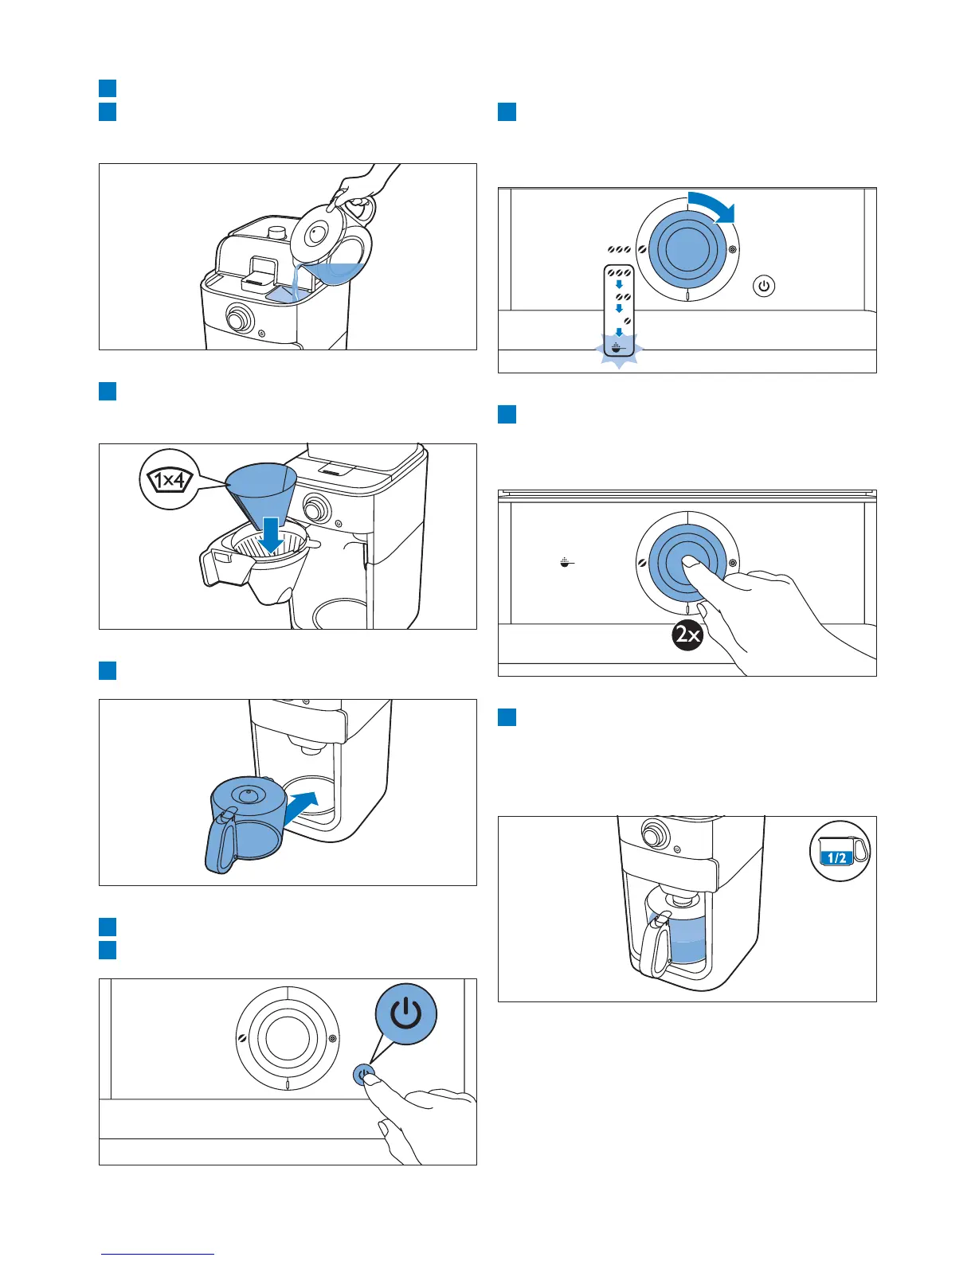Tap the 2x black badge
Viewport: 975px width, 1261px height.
click(x=687, y=634)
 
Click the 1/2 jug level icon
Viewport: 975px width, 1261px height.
click(x=839, y=851)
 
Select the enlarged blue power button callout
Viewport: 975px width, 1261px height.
click(x=406, y=1013)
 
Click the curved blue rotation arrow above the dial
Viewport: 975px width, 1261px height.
click(x=714, y=206)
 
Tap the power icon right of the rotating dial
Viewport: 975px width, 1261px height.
click(x=764, y=286)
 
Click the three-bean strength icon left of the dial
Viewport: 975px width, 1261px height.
click(x=619, y=250)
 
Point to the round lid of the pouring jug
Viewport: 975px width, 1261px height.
click(x=317, y=233)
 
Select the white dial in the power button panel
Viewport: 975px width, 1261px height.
click(x=288, y=1038)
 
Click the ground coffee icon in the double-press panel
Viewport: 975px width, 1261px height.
click(x=566, y=563)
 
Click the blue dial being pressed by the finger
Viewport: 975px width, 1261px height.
click(x=687, y=562)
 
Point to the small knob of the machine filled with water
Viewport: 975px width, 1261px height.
click(x=237, y=319)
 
